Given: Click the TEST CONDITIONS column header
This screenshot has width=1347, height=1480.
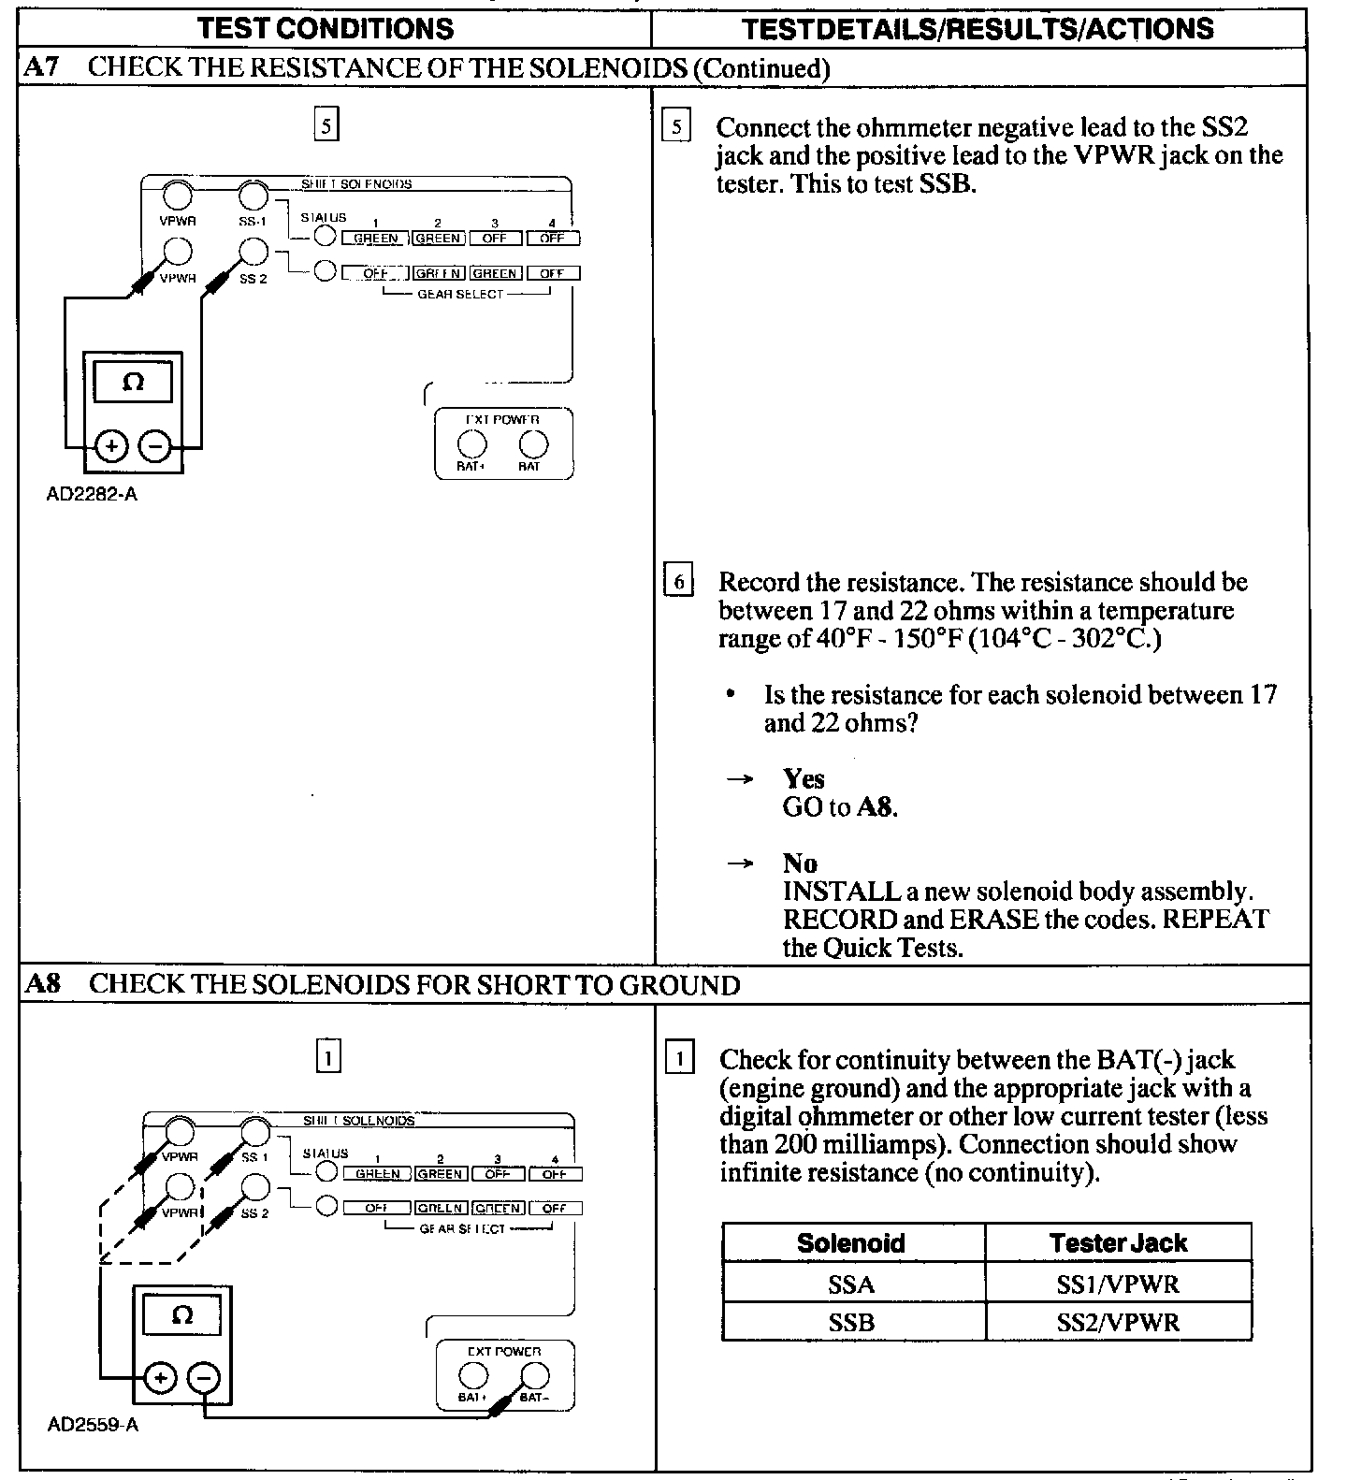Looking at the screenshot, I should coord(326,28).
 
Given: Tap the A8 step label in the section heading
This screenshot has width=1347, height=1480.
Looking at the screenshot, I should coord(43,985).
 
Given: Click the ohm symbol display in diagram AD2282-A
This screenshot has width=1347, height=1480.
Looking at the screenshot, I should coord(133,383).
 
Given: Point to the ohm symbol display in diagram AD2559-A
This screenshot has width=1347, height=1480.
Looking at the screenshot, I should coord(182,1315).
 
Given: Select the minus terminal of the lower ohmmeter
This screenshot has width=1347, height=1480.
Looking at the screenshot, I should coord(203,1378).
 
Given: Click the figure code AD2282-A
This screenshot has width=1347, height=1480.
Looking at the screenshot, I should coord(92,494).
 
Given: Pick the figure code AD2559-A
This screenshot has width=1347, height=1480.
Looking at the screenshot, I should coord(93,1426).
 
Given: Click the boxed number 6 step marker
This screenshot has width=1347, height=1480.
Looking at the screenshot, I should coord(678,582).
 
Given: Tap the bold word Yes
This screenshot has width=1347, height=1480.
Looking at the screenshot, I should coord(804,779).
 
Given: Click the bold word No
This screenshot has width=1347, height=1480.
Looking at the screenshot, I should coord(800,863).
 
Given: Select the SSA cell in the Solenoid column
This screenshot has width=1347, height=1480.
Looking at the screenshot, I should coord(851,1284).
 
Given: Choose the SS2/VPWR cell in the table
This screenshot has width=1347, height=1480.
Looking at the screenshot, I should coord(1118,1323).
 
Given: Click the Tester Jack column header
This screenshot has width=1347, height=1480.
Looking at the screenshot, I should coord(1118,1243).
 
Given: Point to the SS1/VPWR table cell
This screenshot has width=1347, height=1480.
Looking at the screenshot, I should coord(1118,1284).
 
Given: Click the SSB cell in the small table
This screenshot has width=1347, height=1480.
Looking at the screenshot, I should coord(851,1323).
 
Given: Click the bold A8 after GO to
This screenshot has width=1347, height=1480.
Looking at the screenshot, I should coord(876,807).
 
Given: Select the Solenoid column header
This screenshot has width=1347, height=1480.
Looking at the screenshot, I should coord(851,1243).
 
